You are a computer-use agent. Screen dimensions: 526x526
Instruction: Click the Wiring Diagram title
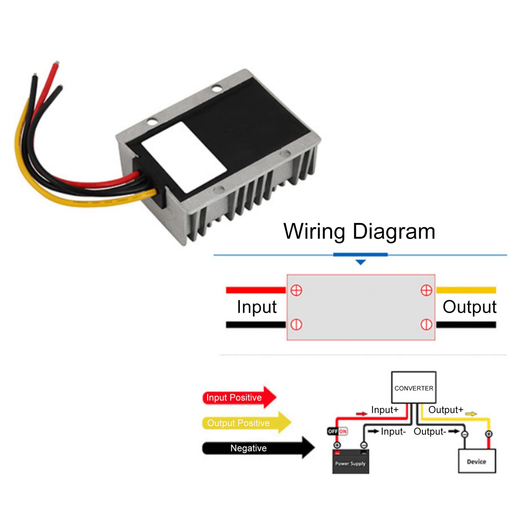(x=359, y=231)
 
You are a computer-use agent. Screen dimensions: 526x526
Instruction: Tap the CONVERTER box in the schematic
(x=413, y=387)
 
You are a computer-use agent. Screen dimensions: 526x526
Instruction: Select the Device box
(x=476, y=461)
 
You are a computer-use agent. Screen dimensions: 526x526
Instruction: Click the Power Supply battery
(x=350, y=462)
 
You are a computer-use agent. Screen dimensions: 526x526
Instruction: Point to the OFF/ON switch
(x=337, y=431)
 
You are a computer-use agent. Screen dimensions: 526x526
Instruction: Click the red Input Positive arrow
(x=239, y=397)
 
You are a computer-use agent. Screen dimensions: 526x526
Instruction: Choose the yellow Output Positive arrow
(x=246, y=422)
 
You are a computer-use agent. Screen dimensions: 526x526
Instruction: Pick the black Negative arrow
(x=257, y=448)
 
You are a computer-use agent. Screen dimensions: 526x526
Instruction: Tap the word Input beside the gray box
(x=256, y=307)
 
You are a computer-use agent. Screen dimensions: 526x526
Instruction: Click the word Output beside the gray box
(x=469, y=307)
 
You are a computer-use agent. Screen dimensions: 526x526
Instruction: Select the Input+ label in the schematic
(x=384, y=410)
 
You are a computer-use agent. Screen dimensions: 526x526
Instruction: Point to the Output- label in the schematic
(x=429, y=431)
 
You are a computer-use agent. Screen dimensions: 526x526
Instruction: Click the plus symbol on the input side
(x=296, y=290)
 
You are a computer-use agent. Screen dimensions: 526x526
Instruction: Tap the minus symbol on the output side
(x=426, y=324)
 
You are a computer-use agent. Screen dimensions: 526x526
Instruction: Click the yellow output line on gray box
(x=466, y=290)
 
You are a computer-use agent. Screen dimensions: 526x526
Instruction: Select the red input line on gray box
(x=256, y=290)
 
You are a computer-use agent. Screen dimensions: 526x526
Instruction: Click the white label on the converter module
(x=184, y=157)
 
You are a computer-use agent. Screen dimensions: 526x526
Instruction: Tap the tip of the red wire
(x=57, y=63)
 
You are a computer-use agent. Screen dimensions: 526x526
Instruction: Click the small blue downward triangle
(x=361, y=262)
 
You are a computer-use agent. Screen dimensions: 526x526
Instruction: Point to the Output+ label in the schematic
(x=445, y=410)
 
